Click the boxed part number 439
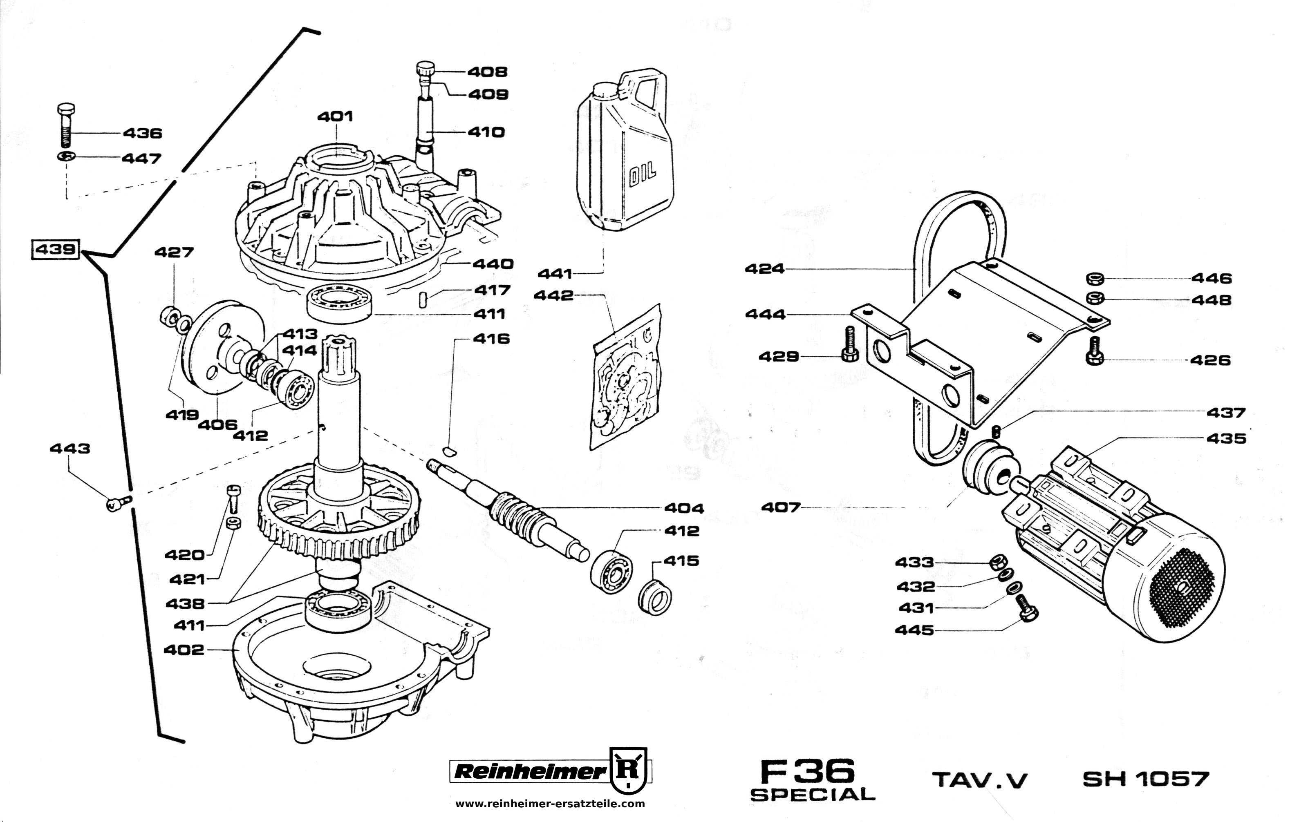[x=56, y=250]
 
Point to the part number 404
[x=683, y=508]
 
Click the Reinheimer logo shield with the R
[x=632, y=771]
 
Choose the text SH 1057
[x=1146, y=779]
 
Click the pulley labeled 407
[x=985, y=466]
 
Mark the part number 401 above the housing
[x=335, y=116]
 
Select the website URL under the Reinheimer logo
[x=550, y=803]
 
